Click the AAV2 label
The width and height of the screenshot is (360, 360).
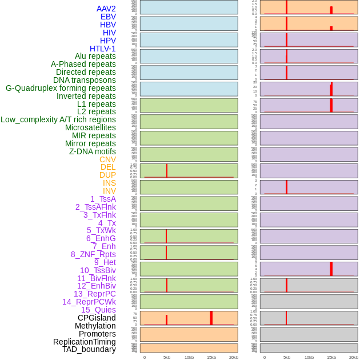tap(106, 9)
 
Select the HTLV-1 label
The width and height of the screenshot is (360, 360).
tap(103, 49)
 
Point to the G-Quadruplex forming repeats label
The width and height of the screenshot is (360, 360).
tap(61, 88)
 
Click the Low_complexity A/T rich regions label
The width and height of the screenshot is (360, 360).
tap(58, 119)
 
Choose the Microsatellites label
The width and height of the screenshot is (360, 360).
tap(90, 127)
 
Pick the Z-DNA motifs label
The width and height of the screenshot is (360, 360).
tap(93, 151)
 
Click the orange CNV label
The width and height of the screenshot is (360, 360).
tap(107, 159)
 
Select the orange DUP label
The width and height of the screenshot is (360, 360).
tap(107, 175)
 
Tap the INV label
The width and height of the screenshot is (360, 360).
tap(109, 191)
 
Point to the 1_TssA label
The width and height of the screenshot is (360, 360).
tap(103, 199)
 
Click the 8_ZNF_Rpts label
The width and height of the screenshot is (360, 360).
tap(93, 254)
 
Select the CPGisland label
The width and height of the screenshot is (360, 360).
tap(97, 318)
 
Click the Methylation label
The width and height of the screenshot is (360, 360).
tap(95, 326)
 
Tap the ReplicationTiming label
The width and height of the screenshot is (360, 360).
tap(85, 342)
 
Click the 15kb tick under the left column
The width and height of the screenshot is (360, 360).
tap(211, 357)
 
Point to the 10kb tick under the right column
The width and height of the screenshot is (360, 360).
tap(309, 357)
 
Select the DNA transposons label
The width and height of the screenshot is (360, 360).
tap(85, 80)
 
